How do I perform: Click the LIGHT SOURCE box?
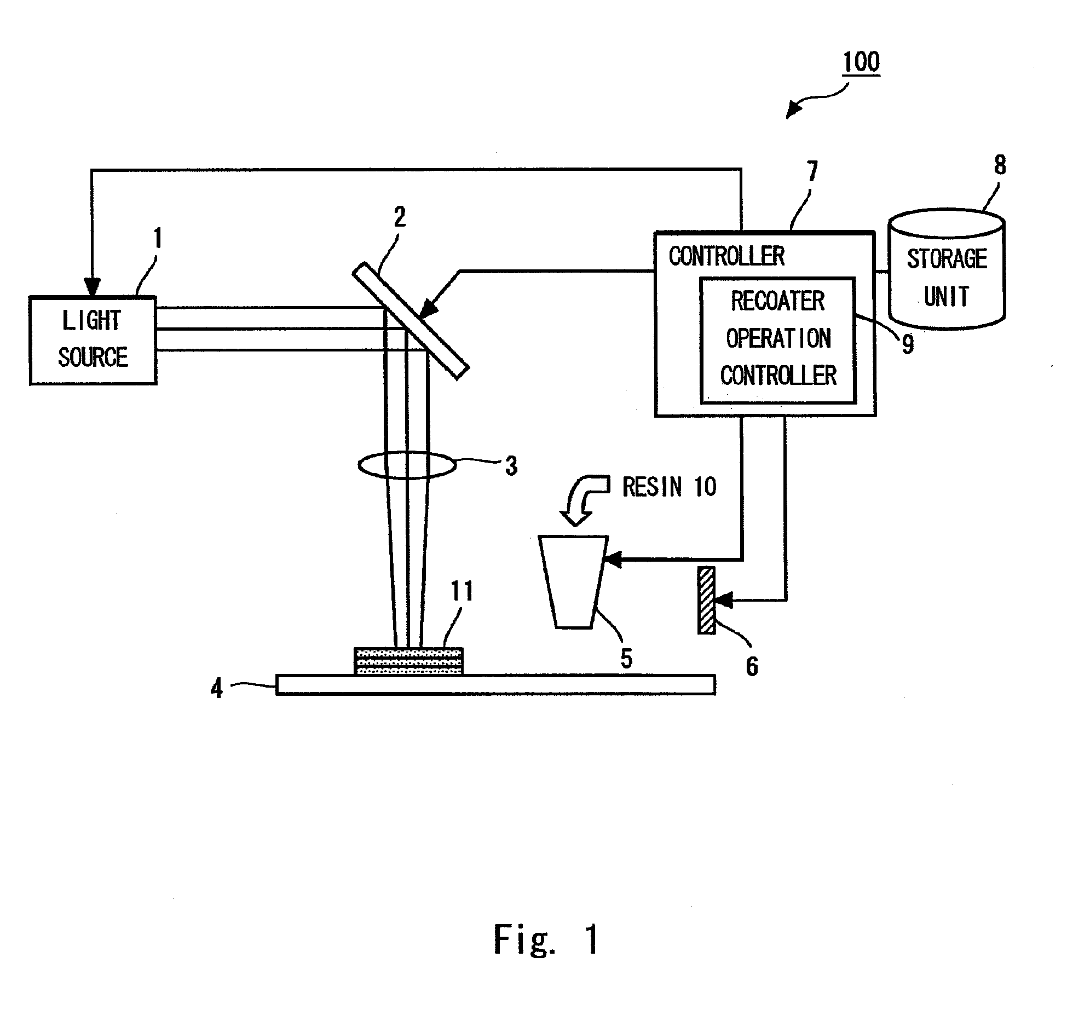pyautogui.click(x=93, y=340)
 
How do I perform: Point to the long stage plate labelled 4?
pyautogui.click(x=495, y=684)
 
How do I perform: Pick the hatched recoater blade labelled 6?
pyautogui.click(x=706, y=600)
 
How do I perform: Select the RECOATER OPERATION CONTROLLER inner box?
pyautogui.click(x=778, y=340)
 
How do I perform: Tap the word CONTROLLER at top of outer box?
pyautogui.click(x=726, y=256)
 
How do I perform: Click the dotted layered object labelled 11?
pyautogui.click(x=408, y=661)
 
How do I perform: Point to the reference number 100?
pyautogui.click(x=861, y=62)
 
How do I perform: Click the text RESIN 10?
pyautogui.click(x=669, y=487)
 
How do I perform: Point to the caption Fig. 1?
pyautogui.click(x=546, y=939)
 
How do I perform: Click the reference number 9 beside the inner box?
pyautogui.click(x=908, y=344)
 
